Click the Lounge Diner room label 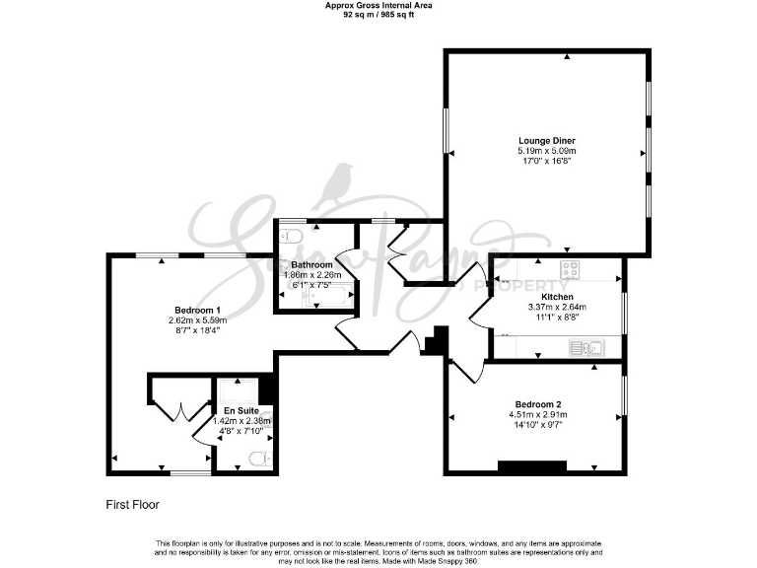click(x=547, y=140)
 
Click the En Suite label click(x=241, y=409)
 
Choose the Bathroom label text click(x=311, y=265)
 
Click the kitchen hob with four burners click(x=571, y=269)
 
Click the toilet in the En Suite click(x=258, y=457)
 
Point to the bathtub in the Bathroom click(x=322, y=294)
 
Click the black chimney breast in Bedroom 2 click(x=532, y=466)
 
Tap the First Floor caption click(x=132, y=504)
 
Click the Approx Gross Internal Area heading click(x=378, y=6)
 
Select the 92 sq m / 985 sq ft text click(x=378, y=16)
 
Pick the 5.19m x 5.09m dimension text click(x=547, y=150)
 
